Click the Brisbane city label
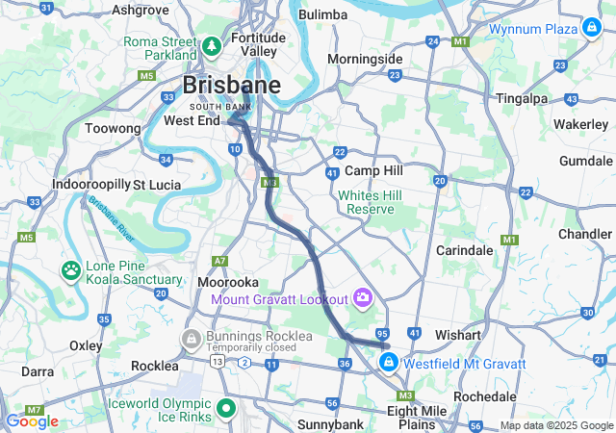[x=232, y=85]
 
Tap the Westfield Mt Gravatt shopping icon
[x=388, y=363]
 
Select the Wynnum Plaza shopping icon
[x=590, y=29]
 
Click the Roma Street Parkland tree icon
[x=212, y=45]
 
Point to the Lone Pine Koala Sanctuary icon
[x=71, y=270]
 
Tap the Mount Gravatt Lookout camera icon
[x=363, y=296]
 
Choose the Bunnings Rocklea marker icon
[x=192, y=340]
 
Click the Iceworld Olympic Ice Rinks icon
[x=226, y=408]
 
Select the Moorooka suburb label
[x=227, y=283]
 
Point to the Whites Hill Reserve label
[x=367, y=202]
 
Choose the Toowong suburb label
[x=113, y=128]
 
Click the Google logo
[x=32, y=420]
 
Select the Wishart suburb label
[x=458, y=335]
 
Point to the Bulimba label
[x=322, y=14]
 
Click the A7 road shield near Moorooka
[x=221, y=261]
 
